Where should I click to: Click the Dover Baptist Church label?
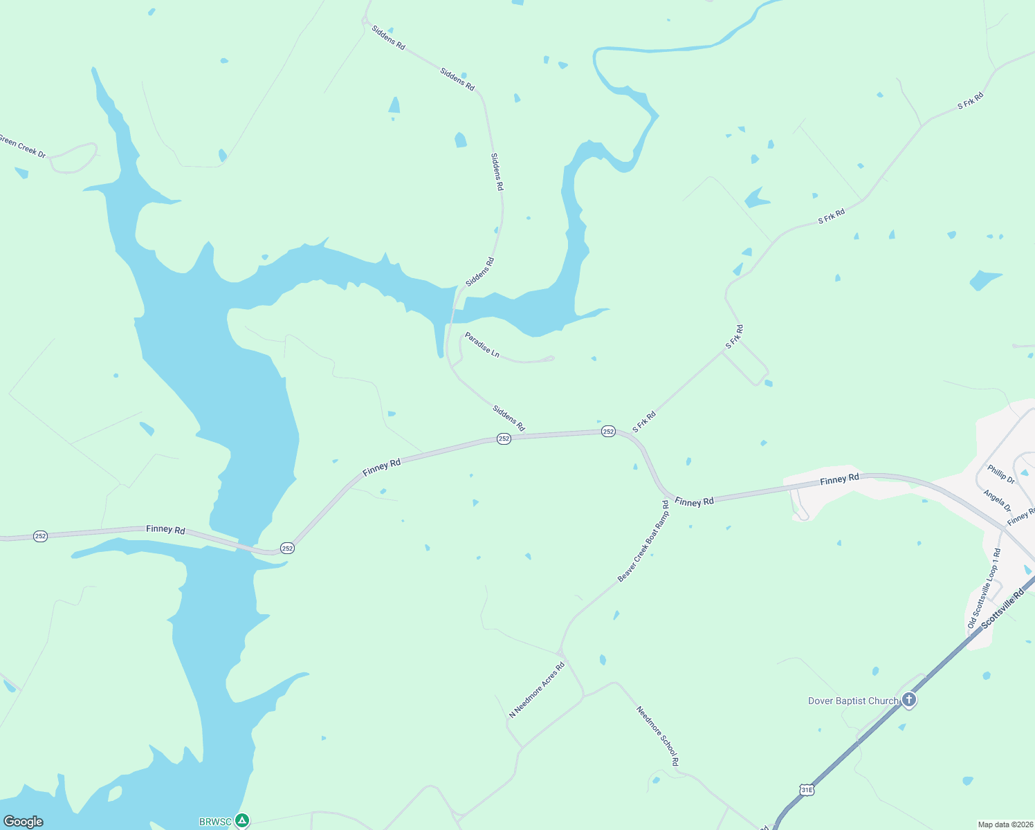[x=852, y=701]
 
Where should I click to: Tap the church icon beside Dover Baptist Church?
[x=909, y=700]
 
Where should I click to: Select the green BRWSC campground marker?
[x=241, y=821]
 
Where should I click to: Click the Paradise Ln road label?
[x=482, y=344]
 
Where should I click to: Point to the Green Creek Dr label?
[x=22, y=147]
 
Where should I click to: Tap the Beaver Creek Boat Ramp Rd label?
[x=643, y=542]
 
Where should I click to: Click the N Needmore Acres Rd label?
[x=537, y=690]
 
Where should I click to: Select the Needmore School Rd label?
[x=657, y=735]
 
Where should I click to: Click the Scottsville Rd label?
[x=1002, y=608]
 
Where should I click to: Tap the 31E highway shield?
[x=806, y=789]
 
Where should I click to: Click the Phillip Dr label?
[x=1001, y=474]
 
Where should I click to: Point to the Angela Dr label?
[x=997, y=500]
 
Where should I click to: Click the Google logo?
[x=24, y=822]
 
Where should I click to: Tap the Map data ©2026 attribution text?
[x=1005, y=824]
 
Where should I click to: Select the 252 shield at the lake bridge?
[x=288, y=548]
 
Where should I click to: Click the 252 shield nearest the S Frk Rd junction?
[x=608, y=431]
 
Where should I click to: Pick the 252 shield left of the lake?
[x=41, y=536]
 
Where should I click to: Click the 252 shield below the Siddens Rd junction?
[x=504, y=439]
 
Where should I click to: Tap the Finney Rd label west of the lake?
[x=165, y=529]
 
